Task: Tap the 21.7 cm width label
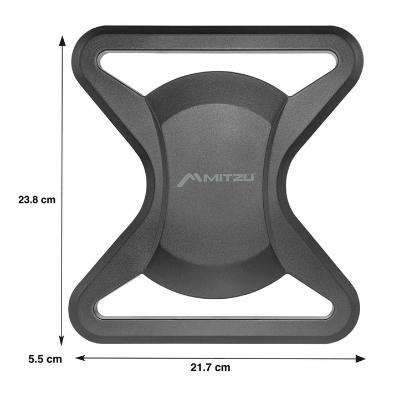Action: click(x=210, y=367)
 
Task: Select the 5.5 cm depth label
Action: click(x=45, y=359)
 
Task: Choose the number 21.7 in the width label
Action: click(x=203, y=367)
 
